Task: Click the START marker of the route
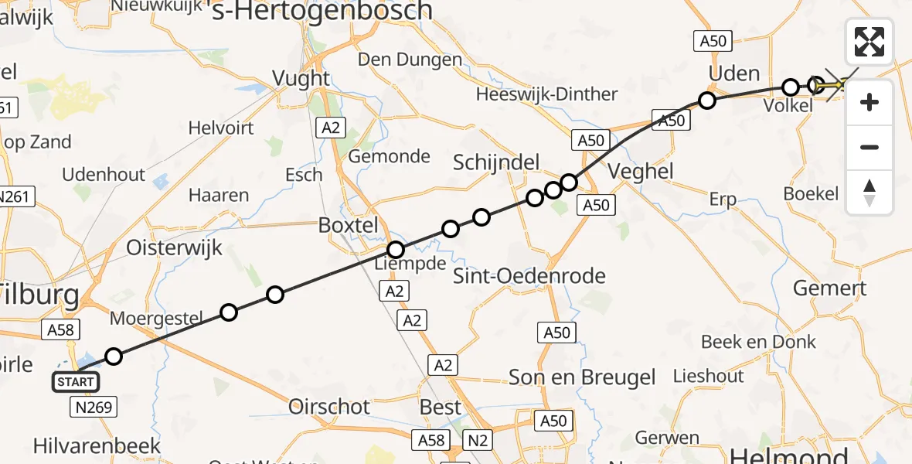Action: pos(76,381)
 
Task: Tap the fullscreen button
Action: pos(869,41)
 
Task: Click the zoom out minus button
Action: pos(869,147)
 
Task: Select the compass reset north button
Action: pos(869,193)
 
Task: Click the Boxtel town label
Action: pos(349,226)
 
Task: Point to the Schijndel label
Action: pos(495,162)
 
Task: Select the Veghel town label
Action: pos(641,171)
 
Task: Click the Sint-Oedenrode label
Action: pos(529,276)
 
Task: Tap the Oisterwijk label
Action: pos(175,248)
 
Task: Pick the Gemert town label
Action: pos(830,288)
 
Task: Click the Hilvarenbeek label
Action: pos(97,445)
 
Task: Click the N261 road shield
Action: pos(16,197)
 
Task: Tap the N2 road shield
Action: pos(478,440)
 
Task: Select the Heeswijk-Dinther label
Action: pos(547,94)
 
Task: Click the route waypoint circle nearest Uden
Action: pos(706,100)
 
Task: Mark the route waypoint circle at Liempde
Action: pos(396,250)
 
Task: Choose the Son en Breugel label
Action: pos(582,377)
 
